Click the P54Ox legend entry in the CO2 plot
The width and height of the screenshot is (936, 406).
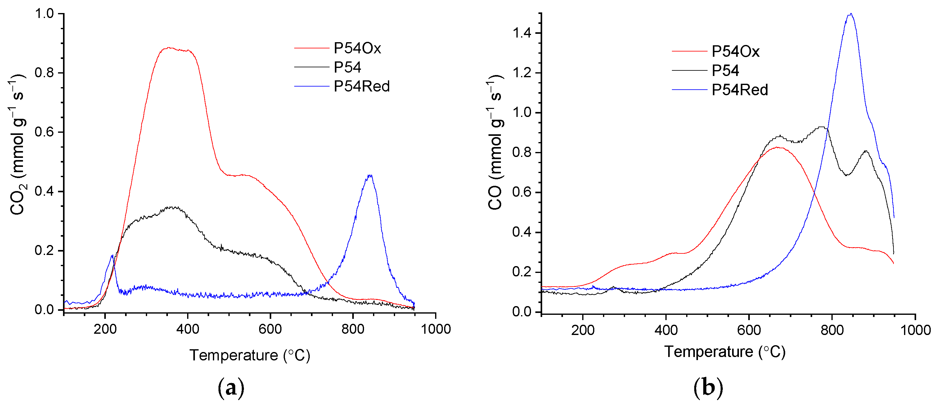point(357,48)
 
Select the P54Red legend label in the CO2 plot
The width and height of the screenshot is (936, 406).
point(362,87)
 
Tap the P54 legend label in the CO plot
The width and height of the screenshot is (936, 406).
point(725,70)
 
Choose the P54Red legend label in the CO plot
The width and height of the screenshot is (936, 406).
point(740,90)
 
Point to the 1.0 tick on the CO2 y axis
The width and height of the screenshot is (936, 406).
point(44,14)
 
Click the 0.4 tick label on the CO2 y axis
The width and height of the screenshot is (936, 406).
point(44,191)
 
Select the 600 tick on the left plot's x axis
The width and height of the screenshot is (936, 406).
point(270,329)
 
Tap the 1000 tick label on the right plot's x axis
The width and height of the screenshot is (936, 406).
point(915,330)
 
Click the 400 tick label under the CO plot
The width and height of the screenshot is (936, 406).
point(666,330)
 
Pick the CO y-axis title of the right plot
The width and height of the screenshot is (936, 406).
point(495,142)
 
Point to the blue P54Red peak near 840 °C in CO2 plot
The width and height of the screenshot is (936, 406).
point(370,176)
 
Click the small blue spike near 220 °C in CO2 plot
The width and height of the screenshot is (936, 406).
point(112,256)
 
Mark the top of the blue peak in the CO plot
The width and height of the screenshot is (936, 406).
point(850,14)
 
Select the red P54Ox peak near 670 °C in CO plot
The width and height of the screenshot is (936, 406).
point(778,147)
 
